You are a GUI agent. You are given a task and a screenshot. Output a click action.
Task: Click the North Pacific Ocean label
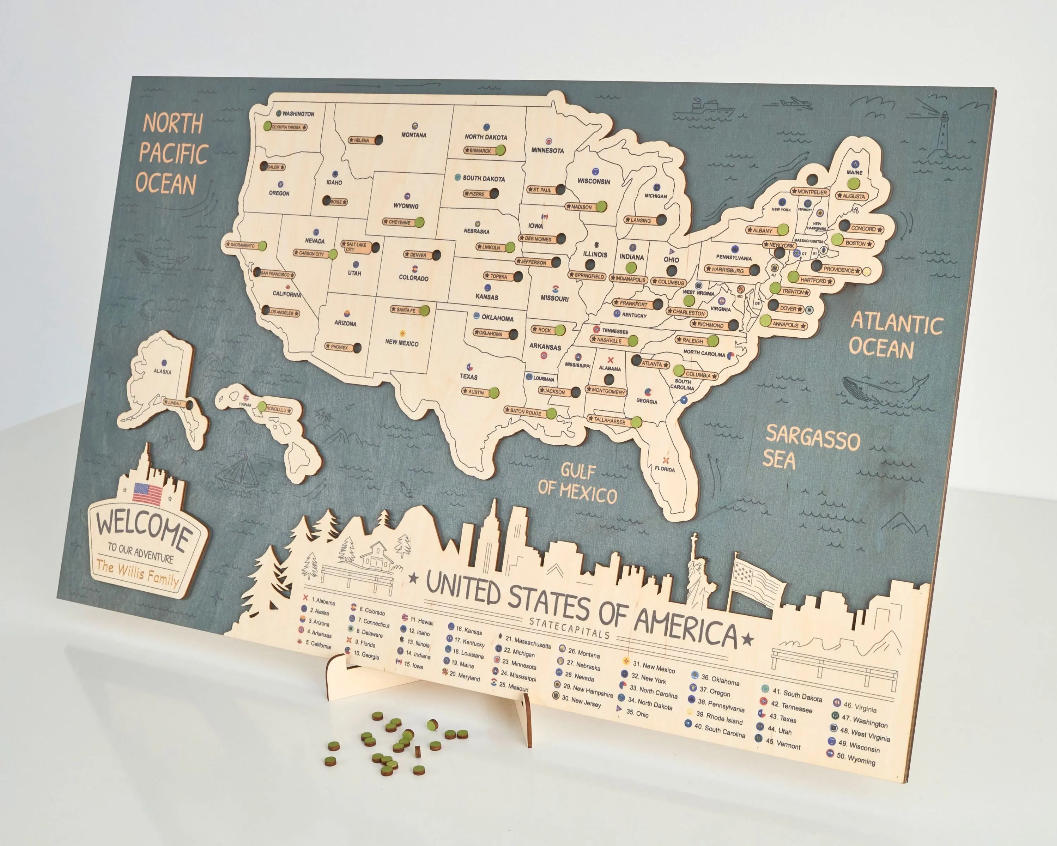coord(173,153)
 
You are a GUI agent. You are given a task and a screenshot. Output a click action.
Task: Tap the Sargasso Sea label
coord(811,446)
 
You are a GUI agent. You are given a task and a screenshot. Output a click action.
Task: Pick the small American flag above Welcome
coord(147,493)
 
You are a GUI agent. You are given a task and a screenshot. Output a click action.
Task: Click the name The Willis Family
coord(137,572)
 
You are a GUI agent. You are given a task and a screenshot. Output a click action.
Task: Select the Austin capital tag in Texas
coord(476,392)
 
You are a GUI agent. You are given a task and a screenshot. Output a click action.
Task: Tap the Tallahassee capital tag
coord(610,420)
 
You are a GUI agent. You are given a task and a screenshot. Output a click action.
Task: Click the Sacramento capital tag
coord(242,245)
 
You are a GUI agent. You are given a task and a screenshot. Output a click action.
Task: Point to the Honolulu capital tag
coord(278,409)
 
